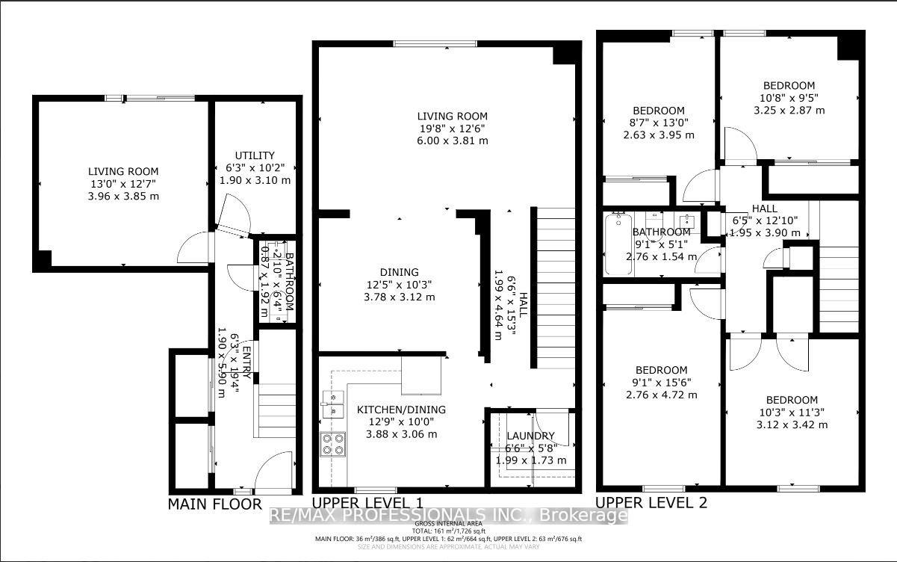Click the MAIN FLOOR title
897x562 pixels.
point(214,504)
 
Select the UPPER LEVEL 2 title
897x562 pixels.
point(651,502)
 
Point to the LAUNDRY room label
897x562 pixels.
point(531,436)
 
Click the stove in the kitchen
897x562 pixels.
point(333,444)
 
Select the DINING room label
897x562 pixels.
point(398,272)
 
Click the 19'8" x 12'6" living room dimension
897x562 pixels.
point(452,129)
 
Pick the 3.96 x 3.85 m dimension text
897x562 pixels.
point(122,197)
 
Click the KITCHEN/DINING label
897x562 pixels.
point(400,410)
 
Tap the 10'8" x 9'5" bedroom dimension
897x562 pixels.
point(789,98)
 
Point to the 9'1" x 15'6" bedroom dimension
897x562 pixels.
point(661,382)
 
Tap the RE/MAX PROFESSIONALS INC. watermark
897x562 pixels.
point(448,516)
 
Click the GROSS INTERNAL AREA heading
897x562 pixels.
point(448,523)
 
